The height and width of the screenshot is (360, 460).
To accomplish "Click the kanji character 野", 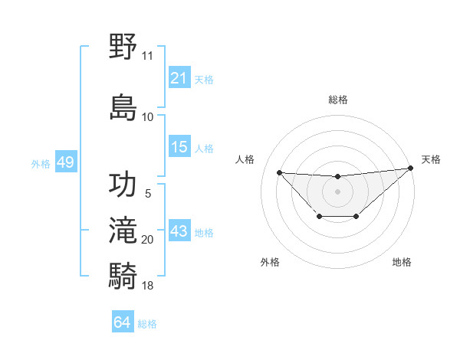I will click(x=123, y=46).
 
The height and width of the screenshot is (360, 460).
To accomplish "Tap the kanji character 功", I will click(x=123, y=185).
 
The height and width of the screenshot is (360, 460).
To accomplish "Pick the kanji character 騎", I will click(x=123, y=273).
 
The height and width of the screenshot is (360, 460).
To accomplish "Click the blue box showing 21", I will click(x=179, y=77).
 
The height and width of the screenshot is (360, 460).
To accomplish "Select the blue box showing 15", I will click(x=179, y=147).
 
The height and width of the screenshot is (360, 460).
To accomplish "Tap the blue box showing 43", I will click(x=179, y=231).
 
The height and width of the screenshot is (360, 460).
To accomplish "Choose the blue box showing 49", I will click(x=65, y=162).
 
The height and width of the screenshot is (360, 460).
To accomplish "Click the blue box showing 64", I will click(x=123, y=322).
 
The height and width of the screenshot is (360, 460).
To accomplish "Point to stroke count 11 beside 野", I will click(x=147, y=56).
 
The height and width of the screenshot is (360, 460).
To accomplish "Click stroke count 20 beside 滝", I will click(x=148, y=240).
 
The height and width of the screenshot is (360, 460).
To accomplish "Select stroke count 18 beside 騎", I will click(x=148, y=286).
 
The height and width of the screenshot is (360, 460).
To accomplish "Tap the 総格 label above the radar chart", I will click(x=337, y=100).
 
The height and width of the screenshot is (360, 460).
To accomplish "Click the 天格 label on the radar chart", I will click(x=431, y=159).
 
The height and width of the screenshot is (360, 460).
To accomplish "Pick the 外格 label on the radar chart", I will click(x=270, y=262).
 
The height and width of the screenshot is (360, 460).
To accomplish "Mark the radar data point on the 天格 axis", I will click(x=412, y=169).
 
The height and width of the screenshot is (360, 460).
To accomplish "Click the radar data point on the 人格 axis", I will click(x=279, y=172).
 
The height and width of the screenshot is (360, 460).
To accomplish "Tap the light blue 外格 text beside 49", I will click(x=40, y=163).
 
